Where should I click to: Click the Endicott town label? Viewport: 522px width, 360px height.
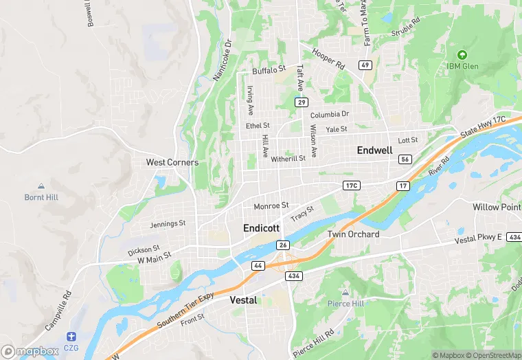coord(262,227)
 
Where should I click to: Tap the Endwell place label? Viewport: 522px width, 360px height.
coord(374,150)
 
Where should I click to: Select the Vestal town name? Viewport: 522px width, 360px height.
coord(242,300)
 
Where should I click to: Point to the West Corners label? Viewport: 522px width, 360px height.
coord(172,163)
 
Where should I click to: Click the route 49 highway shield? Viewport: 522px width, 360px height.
coord(365,65)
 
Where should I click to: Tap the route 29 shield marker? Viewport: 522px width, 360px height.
coord(301,102)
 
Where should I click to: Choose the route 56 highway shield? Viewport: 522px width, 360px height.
coord(405,159)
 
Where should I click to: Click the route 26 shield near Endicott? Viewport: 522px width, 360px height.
coord(283,245)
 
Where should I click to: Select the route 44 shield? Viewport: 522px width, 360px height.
coord(258,265)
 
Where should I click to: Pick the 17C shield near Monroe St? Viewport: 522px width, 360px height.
coord(352,186)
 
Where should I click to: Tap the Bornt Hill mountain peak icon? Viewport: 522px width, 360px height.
coord(41,186)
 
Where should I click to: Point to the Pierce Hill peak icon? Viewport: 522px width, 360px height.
coord(345,293)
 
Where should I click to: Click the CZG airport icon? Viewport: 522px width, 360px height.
coord(71,336)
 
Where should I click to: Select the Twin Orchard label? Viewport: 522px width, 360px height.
coord(353,234)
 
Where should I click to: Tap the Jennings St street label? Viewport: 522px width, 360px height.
coord(168,224)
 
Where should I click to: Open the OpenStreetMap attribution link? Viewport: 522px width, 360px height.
coord(492,355)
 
